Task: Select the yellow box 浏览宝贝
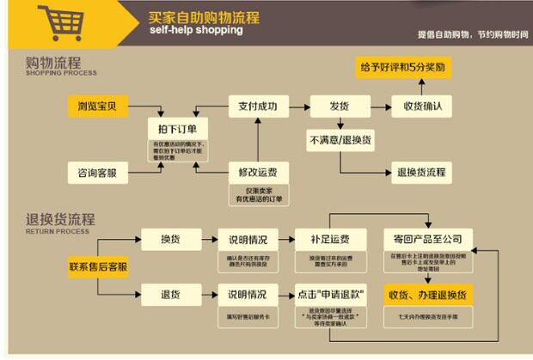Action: click(x=97, y=107)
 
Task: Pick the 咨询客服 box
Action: click(x=97, y=173)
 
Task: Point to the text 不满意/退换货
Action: click(x=339, y=138)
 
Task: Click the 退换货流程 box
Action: click(x=422, y=171)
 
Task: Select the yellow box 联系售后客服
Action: click(x=99, y=267)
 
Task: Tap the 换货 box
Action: click(x=170, y=239)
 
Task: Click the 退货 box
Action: click(x=170, y=295)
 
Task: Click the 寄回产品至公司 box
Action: click(x=427, y=239)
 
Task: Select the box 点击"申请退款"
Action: click(x=326, y=295)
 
